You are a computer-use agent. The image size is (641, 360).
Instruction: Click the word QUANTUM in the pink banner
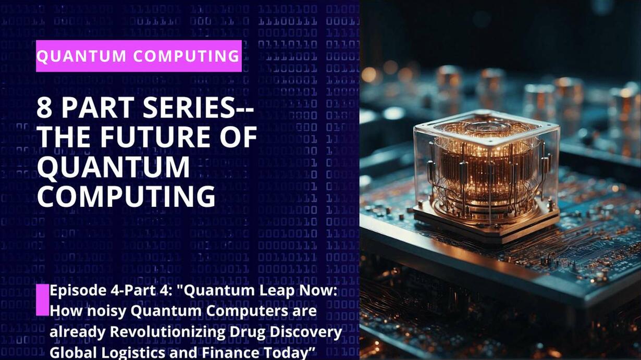click(81, 56)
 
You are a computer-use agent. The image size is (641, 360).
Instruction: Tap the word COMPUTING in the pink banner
click(186, 56)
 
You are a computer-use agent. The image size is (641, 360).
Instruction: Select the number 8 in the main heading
click(44, 107)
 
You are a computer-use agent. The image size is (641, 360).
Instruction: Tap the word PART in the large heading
click(98, 107)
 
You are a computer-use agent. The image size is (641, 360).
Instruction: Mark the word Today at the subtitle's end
click(285, 353)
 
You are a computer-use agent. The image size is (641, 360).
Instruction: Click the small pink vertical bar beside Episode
click(43, 300)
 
